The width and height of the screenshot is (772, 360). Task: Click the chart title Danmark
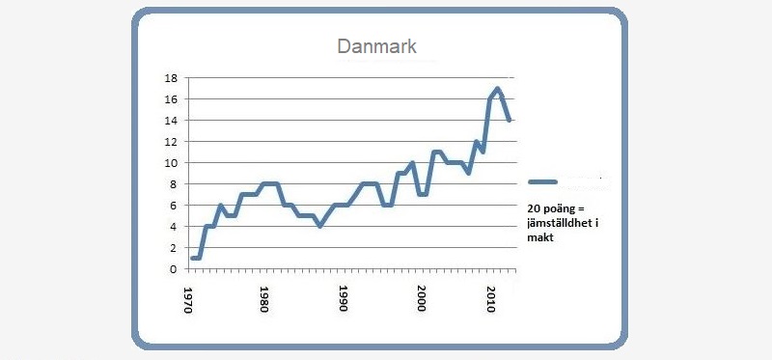coord(375,46)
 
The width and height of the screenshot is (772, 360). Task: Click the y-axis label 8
coord(172,184)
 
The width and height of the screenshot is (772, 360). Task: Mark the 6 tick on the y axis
coord(172,206)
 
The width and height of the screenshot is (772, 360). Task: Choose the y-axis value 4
coord(172,227)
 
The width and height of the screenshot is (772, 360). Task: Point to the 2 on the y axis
coord(172,248)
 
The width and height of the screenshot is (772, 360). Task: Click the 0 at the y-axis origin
coord(172,269)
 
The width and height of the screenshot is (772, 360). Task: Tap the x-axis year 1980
coord(263,295)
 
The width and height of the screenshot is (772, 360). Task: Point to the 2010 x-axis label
coord(490,295)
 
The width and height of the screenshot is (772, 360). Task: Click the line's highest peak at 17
coord(498,89)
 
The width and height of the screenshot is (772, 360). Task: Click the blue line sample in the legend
coord(544,181)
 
